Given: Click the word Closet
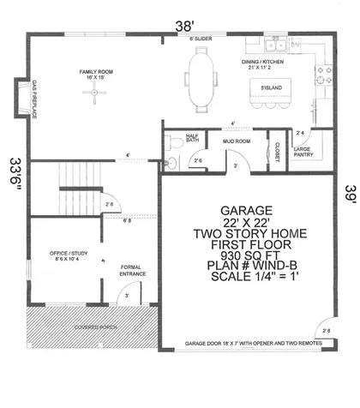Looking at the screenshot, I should (x=277, y=151).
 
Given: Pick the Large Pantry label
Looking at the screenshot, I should (x=303, y=152).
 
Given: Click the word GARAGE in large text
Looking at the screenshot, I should (x=247, y=210).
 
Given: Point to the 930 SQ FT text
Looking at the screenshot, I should (x=247, y=256).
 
